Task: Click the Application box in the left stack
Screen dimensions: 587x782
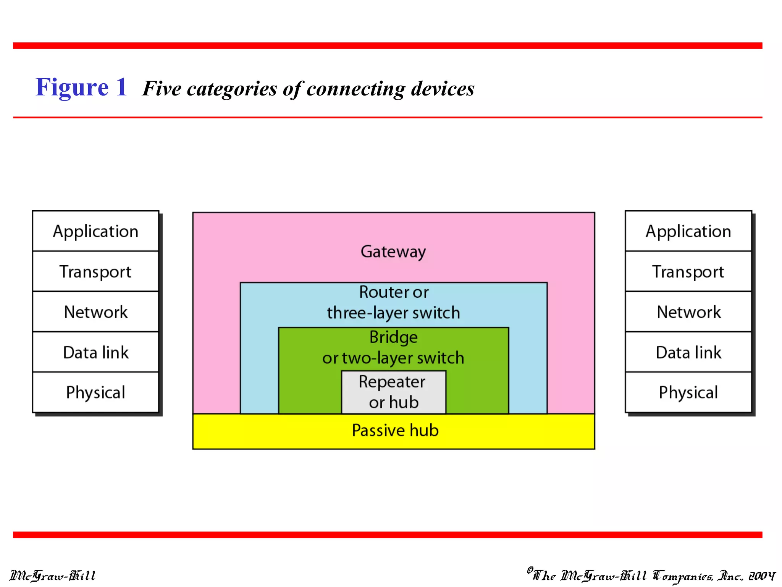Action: pyautogui.click(x=95, y=231)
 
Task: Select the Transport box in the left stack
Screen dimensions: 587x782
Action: pyautogui.click(x=95, y=272)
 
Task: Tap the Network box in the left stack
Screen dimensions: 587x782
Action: pyautogui.click(x=95, y=312)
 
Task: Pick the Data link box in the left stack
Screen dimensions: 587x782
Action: pyautogui.click(x=95, y=352)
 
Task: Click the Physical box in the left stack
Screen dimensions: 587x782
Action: pyautogui.click(x=95, y=392)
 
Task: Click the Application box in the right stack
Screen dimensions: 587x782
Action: pyautogui.click(x=688, y=231)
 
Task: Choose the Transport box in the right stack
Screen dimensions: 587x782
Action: pyautogui.click(x=688, y=272)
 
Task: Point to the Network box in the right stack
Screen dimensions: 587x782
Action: pyautogui.click(x=688, y=312)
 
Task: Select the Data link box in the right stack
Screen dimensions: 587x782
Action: pyautogui.click(x=688, y=352)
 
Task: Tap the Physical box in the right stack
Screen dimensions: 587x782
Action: pyautogui.click(x=688, y=392)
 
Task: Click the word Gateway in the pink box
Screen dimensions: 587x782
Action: pyautogui.click(x=393, y=252)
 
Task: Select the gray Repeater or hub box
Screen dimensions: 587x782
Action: pyautogui.click(x=393, y=392)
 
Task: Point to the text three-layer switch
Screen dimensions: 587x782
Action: pyautogui.click(x=393, y=313)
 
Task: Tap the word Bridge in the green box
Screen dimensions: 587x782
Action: pyautogui.click(x=393, y=337)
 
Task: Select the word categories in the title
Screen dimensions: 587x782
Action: pyautogui.click(x=231, y=89)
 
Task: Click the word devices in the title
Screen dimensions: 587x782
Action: pyautogui.click(x=443, y=88)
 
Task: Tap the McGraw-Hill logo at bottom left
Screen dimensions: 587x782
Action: pyautogui.click(x=53, y=575)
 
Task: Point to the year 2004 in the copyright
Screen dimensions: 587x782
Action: pyautogui.click(x=761, y=576)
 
